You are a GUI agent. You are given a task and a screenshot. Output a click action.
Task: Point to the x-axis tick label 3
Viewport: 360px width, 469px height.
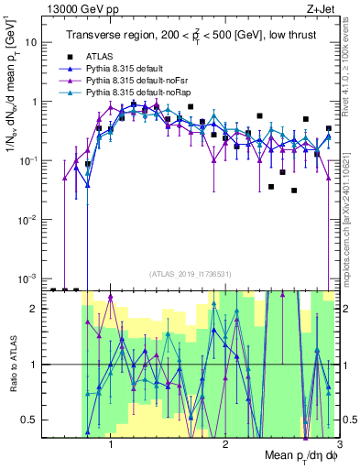pyautogui.click(x=338, y=443)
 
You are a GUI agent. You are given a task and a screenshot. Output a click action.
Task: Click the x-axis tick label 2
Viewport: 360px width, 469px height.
pyautogui.click(x=224, y=443)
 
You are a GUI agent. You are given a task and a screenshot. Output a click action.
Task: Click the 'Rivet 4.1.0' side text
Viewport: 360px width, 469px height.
pyautogui.click(x=351, y=64)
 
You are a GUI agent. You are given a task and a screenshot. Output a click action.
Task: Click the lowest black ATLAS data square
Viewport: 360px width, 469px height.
pyautogui.click(x=294, y=191)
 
